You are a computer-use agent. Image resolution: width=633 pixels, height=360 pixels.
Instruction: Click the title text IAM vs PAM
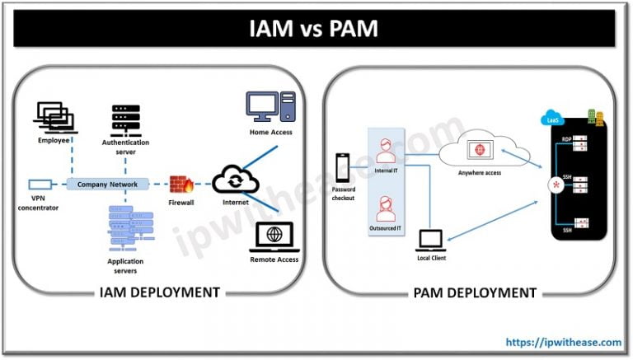(316, 29)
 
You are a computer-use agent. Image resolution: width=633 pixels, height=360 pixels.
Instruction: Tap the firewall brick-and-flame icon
(181, 184)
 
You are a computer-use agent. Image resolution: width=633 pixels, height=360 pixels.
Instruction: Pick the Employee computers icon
(54, 116)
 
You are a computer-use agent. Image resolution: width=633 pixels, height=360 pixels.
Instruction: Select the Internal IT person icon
(384, 151)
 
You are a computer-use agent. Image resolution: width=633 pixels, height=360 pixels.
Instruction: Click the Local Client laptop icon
(431, 239)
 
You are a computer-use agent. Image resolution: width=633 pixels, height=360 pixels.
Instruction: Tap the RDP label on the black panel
(566, 139)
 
